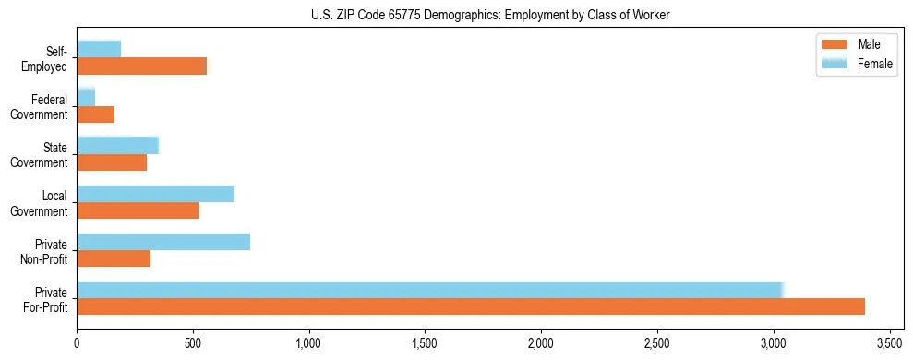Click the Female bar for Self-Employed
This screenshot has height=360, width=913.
coord(99,50)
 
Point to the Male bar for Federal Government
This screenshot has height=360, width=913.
coord(96,114)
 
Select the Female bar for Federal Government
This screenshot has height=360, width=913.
coord(86,98)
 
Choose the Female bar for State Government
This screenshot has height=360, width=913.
coord(118,146)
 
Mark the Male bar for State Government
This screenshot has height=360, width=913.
coord(112,162)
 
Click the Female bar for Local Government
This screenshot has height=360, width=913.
coord(156,194)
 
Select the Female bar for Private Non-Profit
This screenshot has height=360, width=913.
coord(163,242)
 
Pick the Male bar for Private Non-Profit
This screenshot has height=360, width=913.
coord(114,258)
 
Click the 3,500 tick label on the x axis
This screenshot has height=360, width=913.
coord(889,342)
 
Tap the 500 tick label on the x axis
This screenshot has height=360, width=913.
coord(193,342)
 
